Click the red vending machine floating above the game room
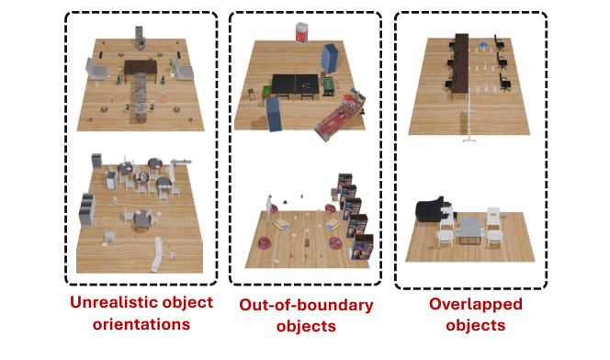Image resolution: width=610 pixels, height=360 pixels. point(300,34)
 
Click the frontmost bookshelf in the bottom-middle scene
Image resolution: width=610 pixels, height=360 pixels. point(365,248)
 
